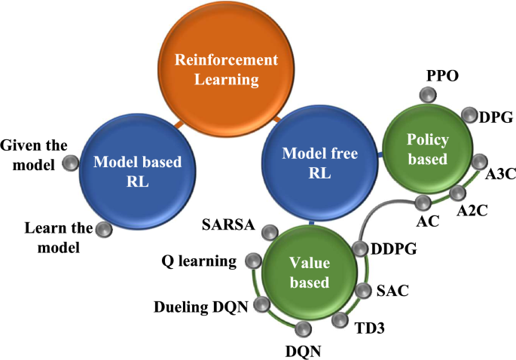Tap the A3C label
click(499, 175)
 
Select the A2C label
click(472, 210)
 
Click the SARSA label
click(229, 224)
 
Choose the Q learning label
click(200, 261)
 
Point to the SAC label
click(392, 290)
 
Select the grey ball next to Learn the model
click(102, 228)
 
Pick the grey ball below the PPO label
click(428, 96)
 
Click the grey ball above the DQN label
click(304, 329)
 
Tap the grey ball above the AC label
click(423, 203)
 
